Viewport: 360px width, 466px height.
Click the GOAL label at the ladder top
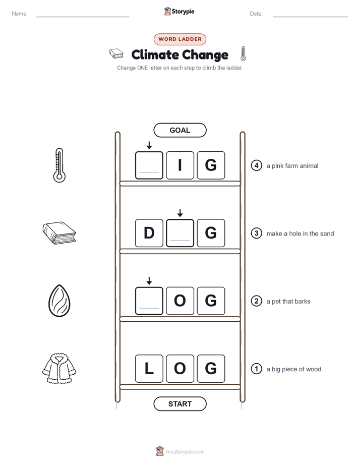180,130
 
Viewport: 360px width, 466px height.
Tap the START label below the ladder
180,404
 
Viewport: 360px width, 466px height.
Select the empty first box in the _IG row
149,165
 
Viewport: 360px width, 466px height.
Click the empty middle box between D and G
180,233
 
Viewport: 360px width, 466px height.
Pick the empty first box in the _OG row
149,301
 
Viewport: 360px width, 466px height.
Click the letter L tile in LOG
149,369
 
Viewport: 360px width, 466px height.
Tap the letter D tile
149,233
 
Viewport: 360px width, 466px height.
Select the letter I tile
180,165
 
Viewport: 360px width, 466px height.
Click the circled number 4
256,165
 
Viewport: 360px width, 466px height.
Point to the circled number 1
256,369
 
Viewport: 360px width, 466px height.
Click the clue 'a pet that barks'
288,302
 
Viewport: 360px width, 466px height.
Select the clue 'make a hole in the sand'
300,234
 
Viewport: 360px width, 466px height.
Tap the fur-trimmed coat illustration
59,369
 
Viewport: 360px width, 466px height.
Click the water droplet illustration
59,301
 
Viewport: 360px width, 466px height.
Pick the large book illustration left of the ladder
59,233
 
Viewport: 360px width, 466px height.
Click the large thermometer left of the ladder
59,165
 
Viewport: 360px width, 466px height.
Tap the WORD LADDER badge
180,39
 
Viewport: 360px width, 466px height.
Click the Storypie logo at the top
179,11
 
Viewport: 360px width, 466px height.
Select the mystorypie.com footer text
185,452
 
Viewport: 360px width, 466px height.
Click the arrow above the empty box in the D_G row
180,213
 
